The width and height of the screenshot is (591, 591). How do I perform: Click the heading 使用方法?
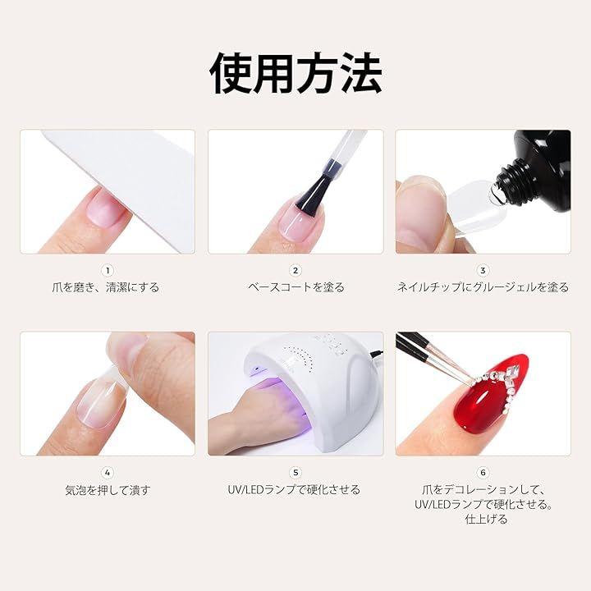click(x=295, y=73)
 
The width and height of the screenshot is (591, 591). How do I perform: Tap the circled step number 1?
click(x=108, y=271)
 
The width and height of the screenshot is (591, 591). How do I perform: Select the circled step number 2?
click(x=295, y=271)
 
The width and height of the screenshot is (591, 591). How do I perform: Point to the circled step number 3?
click(x=483, y=271)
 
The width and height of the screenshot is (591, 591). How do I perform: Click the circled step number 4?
click(x=108, y=473)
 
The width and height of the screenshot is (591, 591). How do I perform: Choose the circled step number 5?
click(x=295, y=473)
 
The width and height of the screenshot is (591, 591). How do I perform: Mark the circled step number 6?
click(x=483, y=473)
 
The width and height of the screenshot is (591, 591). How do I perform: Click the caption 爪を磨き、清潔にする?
click(x=106, y=287)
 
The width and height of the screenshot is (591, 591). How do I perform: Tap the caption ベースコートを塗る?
click(x=296, y=287)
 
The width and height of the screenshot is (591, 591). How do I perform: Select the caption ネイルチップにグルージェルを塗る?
click(x=483, y=287)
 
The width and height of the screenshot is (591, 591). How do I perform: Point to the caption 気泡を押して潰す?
click(x=108, y=490)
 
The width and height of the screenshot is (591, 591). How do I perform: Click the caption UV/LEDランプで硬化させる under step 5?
click(x=294, y=490)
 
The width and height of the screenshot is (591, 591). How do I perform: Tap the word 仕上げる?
click(x=486, y=520)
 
